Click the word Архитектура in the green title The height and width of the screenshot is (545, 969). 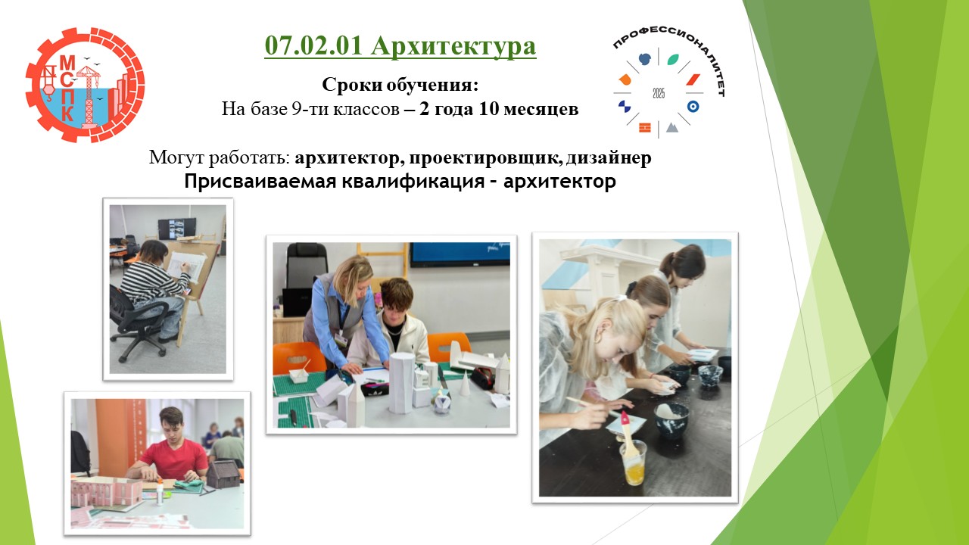(453, 46)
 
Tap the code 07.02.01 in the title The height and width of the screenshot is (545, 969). (313, 45)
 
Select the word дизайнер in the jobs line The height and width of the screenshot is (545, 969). (609, 158)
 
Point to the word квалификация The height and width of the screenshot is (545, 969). (413, 181)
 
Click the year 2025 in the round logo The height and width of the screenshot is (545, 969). (659, 93)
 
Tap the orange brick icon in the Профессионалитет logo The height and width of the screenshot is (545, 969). (644, 128)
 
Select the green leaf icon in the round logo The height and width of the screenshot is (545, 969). (673, 59)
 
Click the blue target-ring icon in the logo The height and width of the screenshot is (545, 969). (693, 107)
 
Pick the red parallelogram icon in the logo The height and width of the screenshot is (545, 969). (693, 79)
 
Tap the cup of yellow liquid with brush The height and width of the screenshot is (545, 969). (632, 462)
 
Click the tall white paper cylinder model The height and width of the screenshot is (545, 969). (402, 382)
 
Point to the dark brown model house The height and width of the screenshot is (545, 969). (223, 474)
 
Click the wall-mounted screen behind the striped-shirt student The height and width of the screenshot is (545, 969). (177, 229)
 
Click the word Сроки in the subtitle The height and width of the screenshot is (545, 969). (351, 84)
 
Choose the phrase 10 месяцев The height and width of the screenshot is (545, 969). (528, 108)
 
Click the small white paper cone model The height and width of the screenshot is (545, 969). (465, 383)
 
